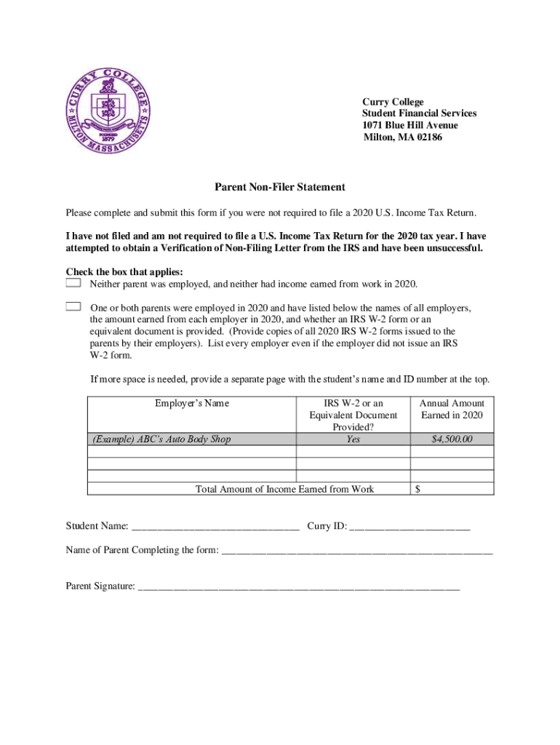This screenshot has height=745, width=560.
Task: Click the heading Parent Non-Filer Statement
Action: tap(279, 188)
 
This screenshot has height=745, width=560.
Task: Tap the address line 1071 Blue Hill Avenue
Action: tap(410, 125)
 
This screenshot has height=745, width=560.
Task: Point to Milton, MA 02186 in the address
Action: tap(402, 137)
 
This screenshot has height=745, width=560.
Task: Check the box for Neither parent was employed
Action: tap(73, 282)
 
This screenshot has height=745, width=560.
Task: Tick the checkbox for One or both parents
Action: tap(73, 306)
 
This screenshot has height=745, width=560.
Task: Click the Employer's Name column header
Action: tap(192, 404)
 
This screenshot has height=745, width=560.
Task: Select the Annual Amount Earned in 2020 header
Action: tap(452, 409)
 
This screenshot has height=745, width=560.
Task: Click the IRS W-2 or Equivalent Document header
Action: tap(353, 415)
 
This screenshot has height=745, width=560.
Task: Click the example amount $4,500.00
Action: tap(452, 439)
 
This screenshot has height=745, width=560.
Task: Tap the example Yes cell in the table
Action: tap(353, 439)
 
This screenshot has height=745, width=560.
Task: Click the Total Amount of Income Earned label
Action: tap(285, 489)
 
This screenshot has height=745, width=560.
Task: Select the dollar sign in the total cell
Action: tap(417, 489)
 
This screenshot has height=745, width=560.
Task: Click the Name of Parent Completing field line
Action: tap(356, 551)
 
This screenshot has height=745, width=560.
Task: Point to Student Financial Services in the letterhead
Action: tap(420, 113)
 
